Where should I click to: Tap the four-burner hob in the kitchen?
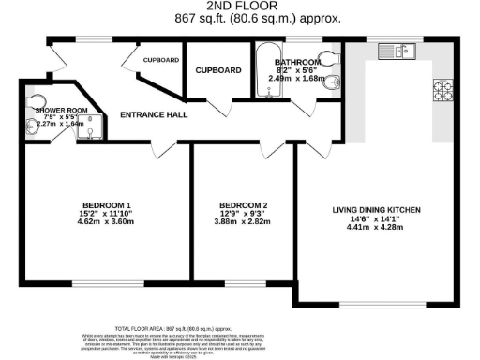[442, 89]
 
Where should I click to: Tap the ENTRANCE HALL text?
[155, 115]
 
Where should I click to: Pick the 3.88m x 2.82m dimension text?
[244, 222]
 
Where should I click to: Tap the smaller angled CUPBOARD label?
[161, 60]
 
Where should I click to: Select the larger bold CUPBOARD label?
[218, 70]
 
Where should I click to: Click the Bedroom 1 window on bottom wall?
[101, 282]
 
